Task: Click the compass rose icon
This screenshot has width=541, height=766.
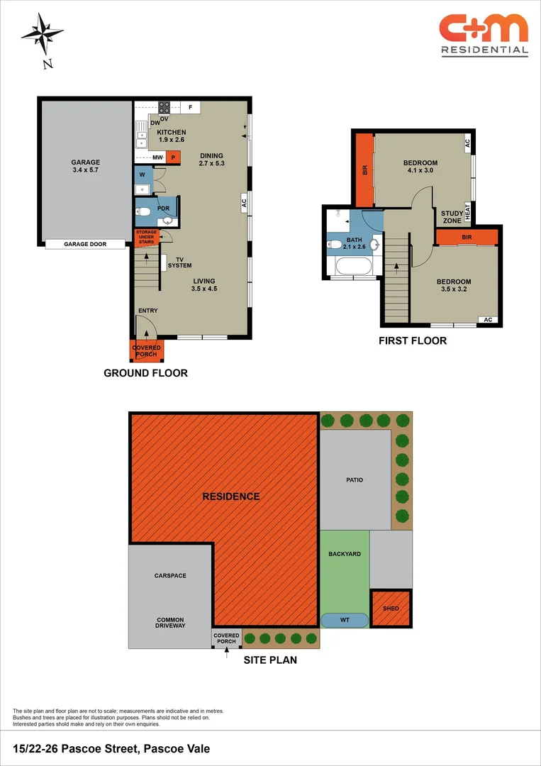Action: pyautogui.click(x=43, y=33)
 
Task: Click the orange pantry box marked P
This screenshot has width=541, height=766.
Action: pyautogui.click(x=174, y=157)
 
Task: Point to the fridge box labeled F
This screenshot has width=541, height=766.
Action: pyautogui.click(x=191, y=106)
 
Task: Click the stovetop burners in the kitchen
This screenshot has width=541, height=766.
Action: pyautogui.click(x=164, y=106)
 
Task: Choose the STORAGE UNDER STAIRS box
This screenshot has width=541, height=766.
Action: pyautogui.click(x=145, y=238)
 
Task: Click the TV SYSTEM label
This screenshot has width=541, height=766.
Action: pyautogui.click(x=179, y=262)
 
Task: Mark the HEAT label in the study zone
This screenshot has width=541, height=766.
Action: pyautogui.click(x=467, y=211)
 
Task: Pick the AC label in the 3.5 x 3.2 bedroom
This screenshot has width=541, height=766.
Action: pyautogui.click(x=487, y=319)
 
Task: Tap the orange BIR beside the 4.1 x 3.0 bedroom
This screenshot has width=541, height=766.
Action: pyautogui.click(x=364, y=170)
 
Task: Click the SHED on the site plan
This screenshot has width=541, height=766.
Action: pyautogui.click(x=391, y=609)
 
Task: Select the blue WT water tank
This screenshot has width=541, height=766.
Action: pyautogui.click(x=345, y=620)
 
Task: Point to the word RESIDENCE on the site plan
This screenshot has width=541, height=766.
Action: pyautogui.click(x=231, y=496)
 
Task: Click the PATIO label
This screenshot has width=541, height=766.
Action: pyautogui.click(x=355, y=479)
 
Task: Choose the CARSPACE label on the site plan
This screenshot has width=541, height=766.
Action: pyautogui.click(x=167, y=575)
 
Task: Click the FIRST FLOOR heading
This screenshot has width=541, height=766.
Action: pyautogui.click(x=413, y=340)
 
